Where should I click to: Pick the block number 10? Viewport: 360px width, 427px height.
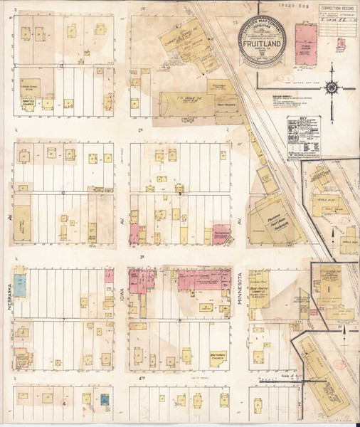(63, 193)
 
